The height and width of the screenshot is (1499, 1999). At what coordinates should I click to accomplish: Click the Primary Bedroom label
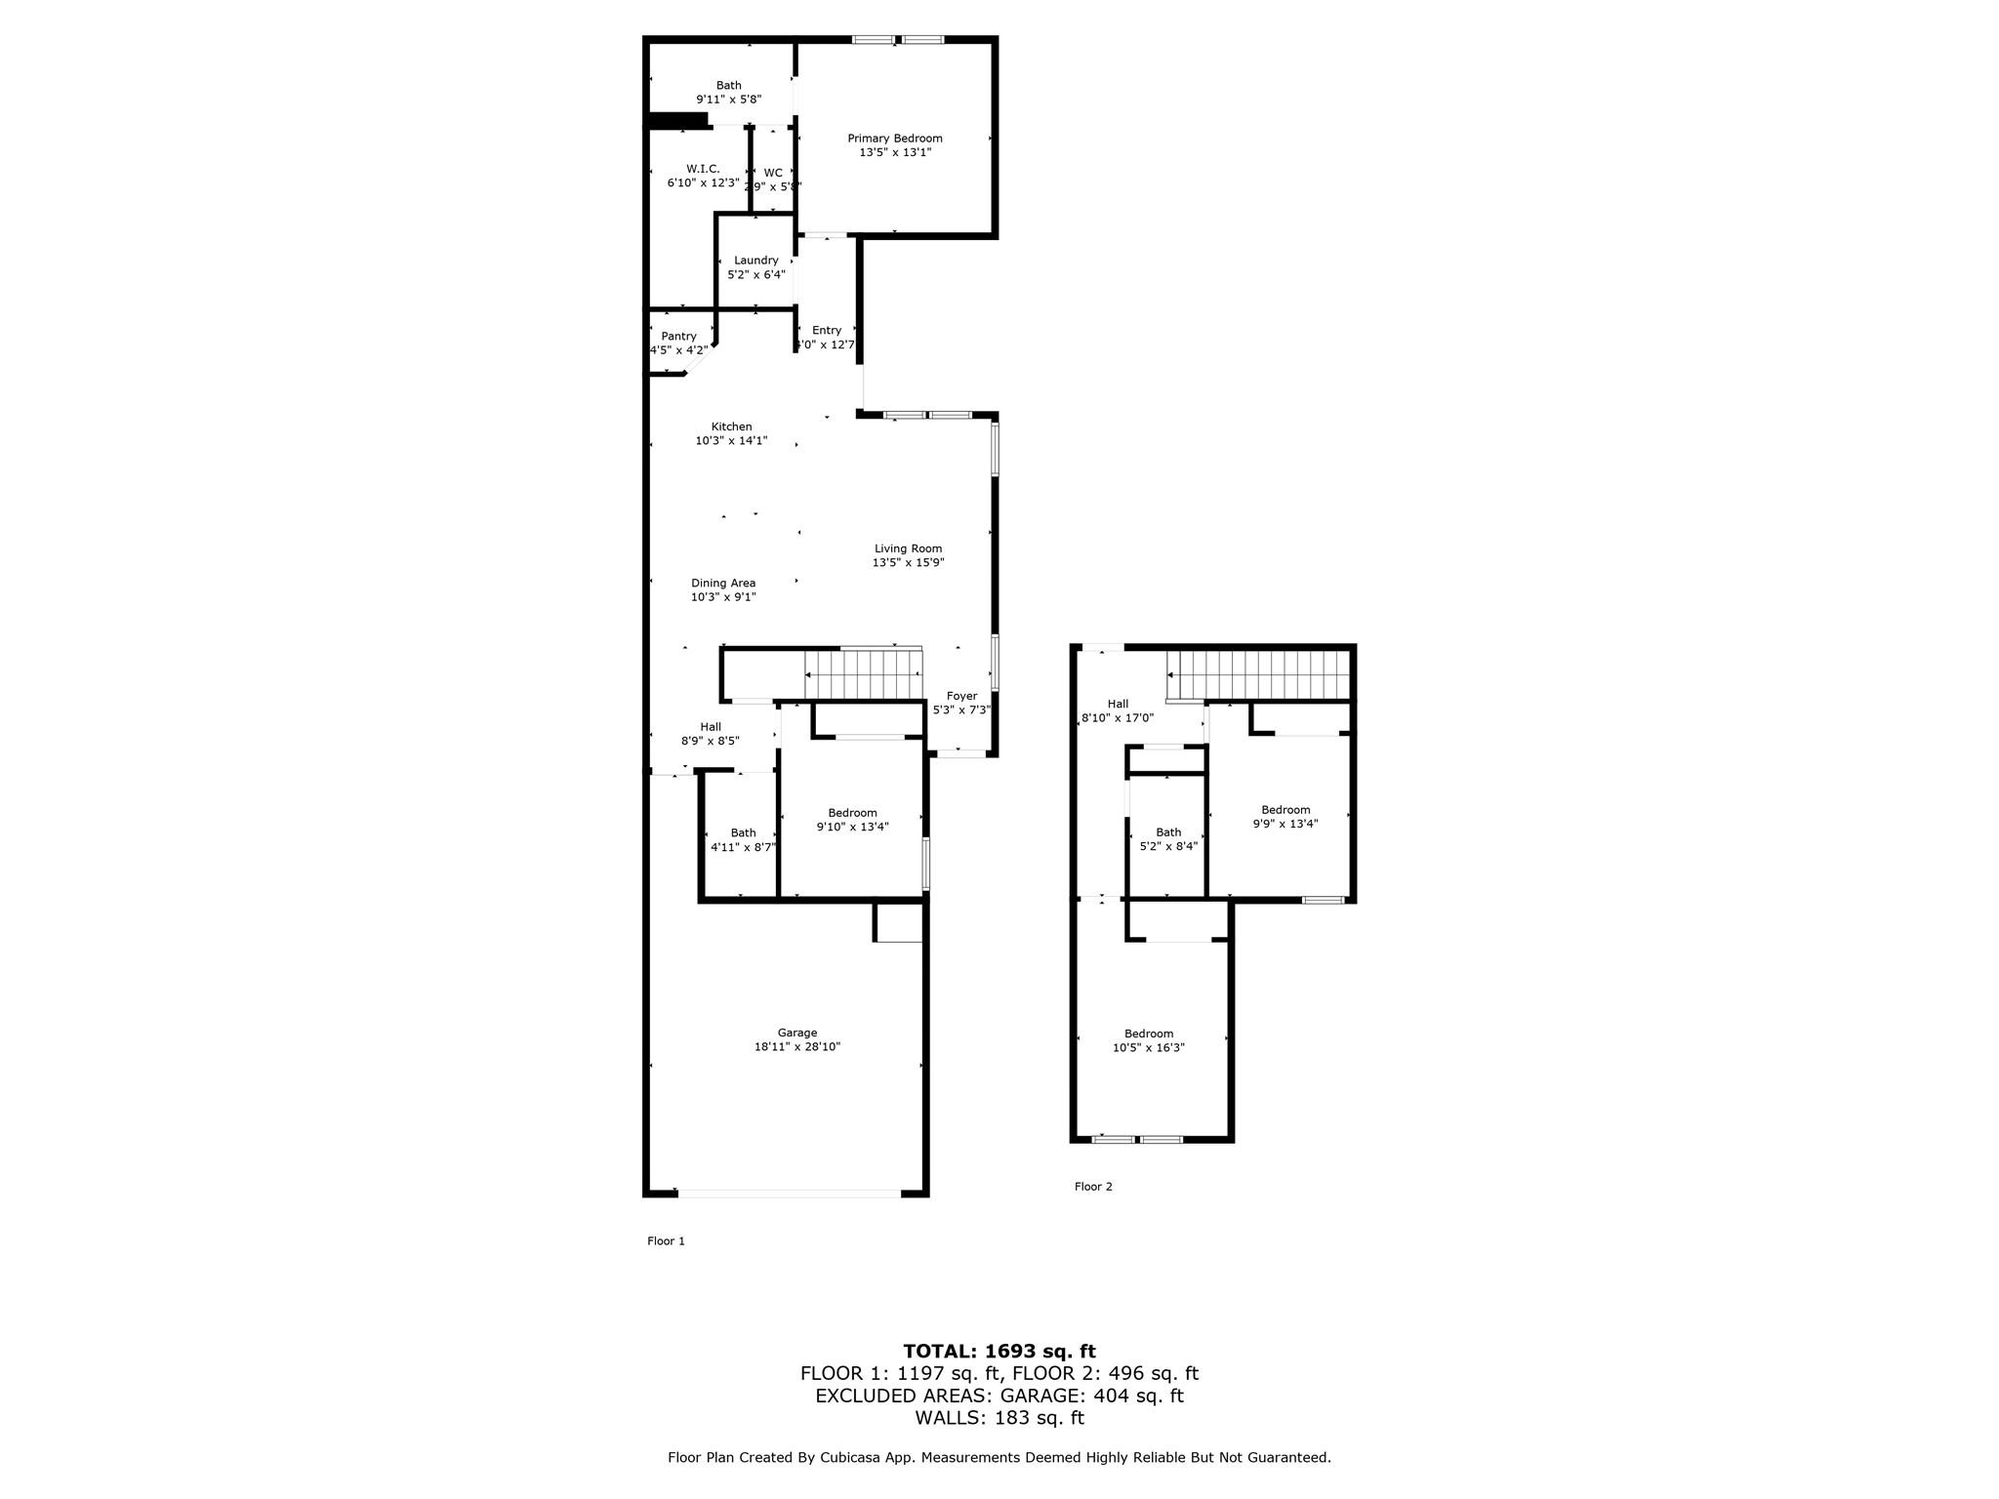click(894, 139)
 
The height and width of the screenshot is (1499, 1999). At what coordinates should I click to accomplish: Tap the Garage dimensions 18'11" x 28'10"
click(796, 1047)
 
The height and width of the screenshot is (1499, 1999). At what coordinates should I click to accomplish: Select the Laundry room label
click(755, 261)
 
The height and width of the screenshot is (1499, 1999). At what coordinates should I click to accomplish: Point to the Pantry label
click(678, 337)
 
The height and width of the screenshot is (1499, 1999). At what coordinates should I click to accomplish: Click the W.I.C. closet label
click(702, 169)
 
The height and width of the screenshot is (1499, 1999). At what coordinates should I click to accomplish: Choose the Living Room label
click(908, 548)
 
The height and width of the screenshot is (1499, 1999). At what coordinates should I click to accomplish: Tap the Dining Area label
click(722, 584)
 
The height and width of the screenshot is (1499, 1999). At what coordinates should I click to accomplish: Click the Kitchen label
click(731, 426)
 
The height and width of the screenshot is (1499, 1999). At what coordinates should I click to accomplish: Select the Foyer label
click(960, 697)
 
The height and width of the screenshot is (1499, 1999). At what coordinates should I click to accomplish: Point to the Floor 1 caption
click(666, 1241)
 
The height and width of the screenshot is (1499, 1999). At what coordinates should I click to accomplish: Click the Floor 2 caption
click(1093, 1187)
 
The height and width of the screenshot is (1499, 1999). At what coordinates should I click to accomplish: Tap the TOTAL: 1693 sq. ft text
click(999, 1352)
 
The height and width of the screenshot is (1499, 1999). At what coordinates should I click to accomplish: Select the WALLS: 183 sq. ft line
click(999, 1418)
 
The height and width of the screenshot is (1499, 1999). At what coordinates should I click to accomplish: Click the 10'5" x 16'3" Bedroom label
click(1149, 1041)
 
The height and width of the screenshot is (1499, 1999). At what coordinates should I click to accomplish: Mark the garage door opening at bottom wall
click(789, 1193)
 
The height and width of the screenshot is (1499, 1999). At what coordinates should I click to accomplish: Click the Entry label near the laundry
click(826, 331)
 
